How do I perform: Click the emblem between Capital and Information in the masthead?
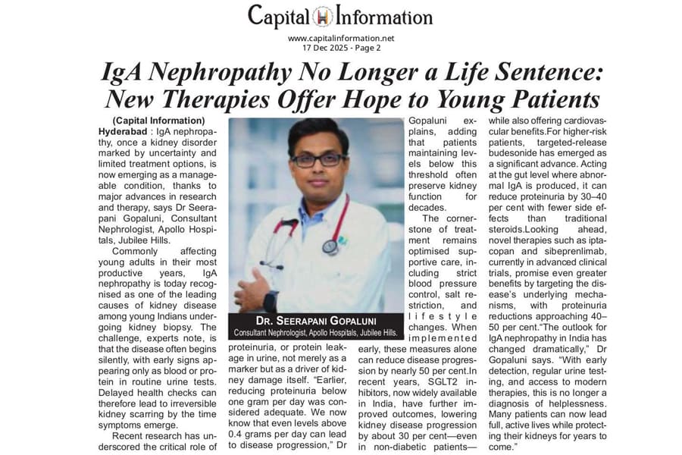pos(341,16)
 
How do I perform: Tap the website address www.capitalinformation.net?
pos(341,38)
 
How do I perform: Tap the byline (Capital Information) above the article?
pos(158,121)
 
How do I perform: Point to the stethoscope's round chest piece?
pos(330,246)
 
